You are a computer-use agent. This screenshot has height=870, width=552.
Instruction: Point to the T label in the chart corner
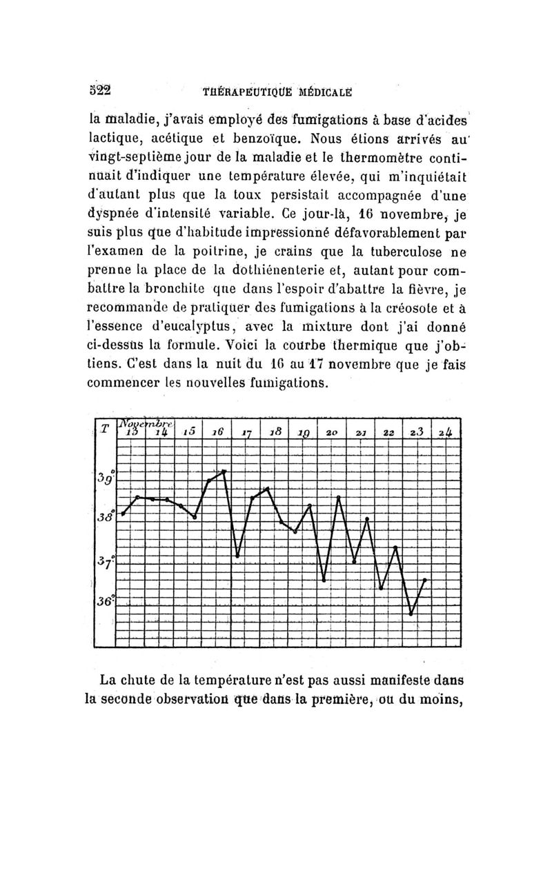[x=103, y=429]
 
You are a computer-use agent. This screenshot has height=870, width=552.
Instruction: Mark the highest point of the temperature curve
[x=224, y=470]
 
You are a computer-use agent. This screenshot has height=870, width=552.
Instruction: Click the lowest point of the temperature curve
[x=411, y=614]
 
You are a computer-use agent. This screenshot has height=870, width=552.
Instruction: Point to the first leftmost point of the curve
[x=124, y=514]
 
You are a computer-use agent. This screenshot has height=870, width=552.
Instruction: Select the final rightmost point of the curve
[x=425, y=580]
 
